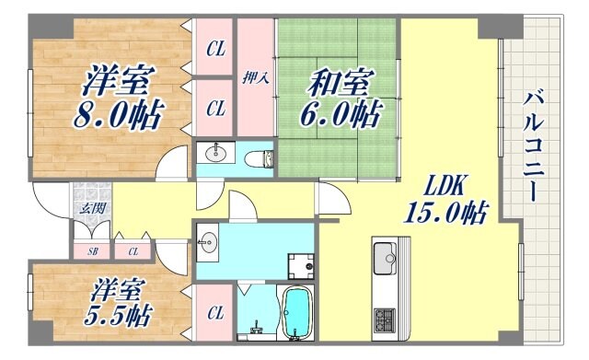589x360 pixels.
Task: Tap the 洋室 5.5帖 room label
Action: pyautogui.click(x=119, y=303)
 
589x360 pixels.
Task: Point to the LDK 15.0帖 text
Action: pyautogui.click(x=443, y=198)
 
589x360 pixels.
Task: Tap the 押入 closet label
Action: pyautogui.click(x=255, y=78)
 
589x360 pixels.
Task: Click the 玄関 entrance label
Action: pyautogui.click(x=92, y=208)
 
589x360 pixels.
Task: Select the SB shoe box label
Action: pyautogui.click(x=93, y=250)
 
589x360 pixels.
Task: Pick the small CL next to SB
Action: pyautogui.click(x=133, y=250)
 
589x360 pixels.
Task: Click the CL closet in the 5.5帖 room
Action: pyautogui.click(x=215, y=313)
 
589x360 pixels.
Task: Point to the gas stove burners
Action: pyautogui.click(x=385, y=320)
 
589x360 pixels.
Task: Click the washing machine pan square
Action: pyautogui.click(x=299, y=265)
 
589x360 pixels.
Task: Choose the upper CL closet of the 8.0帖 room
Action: pyautogui.click(x=215, y=47)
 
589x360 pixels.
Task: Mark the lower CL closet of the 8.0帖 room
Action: pyautogui.click(x=215, y=109)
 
